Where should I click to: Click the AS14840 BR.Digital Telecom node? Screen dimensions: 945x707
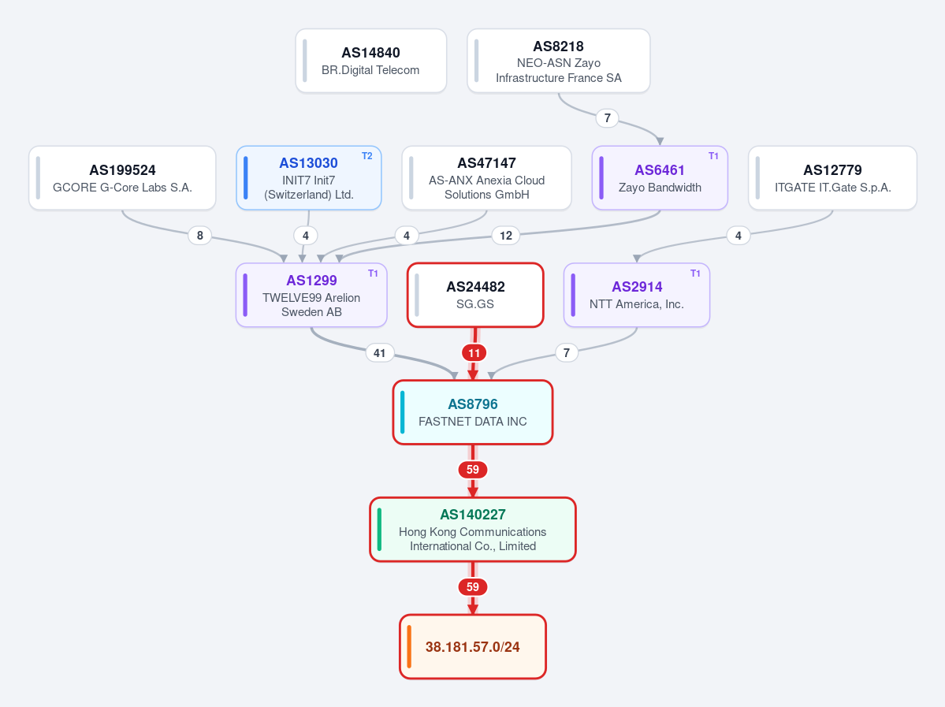point(370,61)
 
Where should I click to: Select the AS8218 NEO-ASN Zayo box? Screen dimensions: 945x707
point(559,61)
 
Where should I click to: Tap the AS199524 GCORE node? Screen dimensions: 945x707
point(122,178)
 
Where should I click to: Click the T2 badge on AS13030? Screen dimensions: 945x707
point(367,156)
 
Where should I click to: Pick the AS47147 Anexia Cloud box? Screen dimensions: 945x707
point(486,178)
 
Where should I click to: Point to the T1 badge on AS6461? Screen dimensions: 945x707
point(713,156)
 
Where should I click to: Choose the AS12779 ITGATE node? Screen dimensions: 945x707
point(832,178)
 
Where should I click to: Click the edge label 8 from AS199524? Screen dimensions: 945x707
point(200,236)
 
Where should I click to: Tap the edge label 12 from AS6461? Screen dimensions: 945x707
point(506,236)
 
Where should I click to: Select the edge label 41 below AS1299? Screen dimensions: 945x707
point(380,353)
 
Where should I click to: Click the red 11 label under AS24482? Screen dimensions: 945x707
point(474,353)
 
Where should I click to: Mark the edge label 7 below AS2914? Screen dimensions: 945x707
point(567,352)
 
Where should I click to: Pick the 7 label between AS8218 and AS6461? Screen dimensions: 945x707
point(608,118)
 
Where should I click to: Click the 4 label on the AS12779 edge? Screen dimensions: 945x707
point(739,236)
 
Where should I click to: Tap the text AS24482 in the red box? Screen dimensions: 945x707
point(475,287)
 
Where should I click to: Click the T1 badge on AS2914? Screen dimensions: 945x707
point(695,273)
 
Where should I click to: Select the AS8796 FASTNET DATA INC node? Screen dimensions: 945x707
point(473,412)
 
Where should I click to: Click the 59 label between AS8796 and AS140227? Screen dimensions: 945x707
point(473,470)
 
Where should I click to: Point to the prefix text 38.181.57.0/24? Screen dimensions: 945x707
point(473,647)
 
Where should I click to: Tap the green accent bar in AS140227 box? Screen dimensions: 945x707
point(379,530)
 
